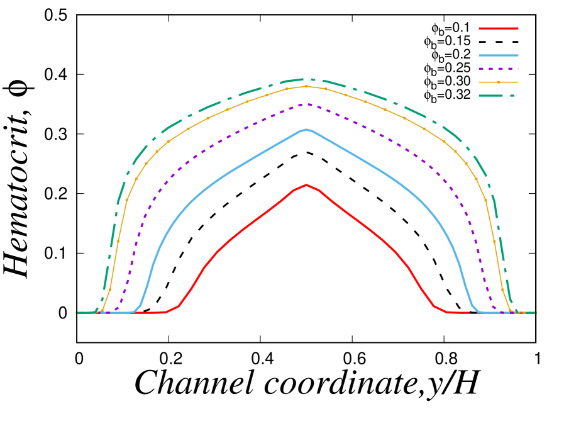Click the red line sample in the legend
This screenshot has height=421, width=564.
point(498,28)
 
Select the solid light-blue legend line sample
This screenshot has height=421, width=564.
point(498,55)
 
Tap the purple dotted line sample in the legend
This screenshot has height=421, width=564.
point(498,69)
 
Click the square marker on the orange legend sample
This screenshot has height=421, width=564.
point(499,82)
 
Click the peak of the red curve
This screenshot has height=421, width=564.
point(306,185)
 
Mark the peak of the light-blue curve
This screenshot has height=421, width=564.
point(306,130)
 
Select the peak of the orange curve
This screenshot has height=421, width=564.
point(306,86)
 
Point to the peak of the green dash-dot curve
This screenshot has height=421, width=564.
point(307,79)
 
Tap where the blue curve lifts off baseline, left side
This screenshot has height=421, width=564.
point(133,312)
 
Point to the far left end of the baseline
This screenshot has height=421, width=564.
point(77,313)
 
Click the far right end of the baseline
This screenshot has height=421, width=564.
point(536,313)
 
